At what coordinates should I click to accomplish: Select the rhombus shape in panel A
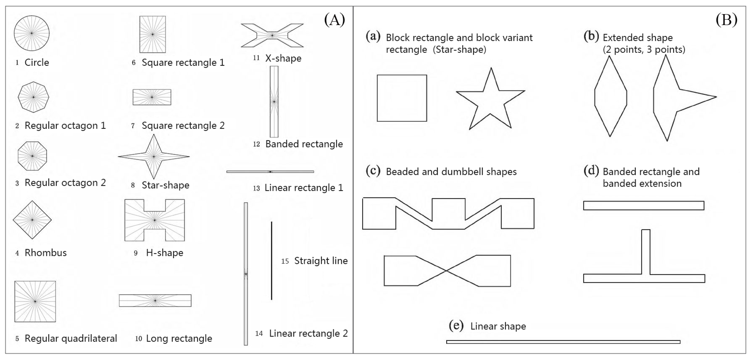click(x=32, y=220)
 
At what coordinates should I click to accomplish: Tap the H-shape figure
click(x=154, y=220)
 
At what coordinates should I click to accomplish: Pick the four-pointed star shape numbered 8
click(x=154, y=157)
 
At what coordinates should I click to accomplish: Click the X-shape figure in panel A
click(x=272, y=35)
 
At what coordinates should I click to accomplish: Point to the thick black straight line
click(x=271, y=260)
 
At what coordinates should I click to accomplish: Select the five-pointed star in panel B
click(x=491, y=101)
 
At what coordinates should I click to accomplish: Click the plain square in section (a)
click(x=402, y=98)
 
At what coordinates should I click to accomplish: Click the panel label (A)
click(x=334, y=20)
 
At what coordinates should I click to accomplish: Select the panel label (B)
click(x=726, y=20)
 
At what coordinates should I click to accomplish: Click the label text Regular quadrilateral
click(x=71, y=338)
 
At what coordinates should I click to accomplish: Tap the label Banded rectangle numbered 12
click(x=304, y=144)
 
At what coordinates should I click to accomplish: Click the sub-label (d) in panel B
click(x=591, y=171)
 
